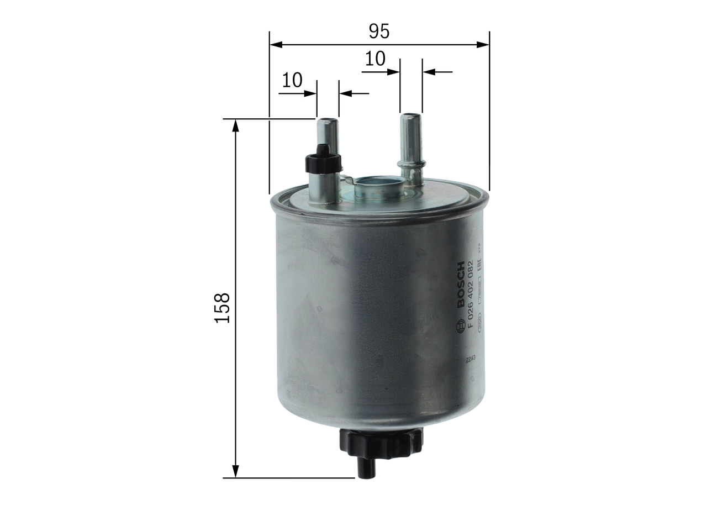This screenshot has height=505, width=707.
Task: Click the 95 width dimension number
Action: click(379, 31)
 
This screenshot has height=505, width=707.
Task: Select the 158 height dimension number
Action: click(222, 308)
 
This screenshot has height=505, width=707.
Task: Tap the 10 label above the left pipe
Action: click(292, 81)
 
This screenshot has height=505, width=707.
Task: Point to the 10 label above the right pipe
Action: click(374, 59)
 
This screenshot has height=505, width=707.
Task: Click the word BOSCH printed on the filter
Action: click(462, 285)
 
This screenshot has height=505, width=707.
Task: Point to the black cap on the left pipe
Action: click(323, 160)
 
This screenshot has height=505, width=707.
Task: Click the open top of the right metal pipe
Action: click(410, 116)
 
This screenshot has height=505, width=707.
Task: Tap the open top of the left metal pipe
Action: click(328, 119)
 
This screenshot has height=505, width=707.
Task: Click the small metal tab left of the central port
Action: click(346, 179)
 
